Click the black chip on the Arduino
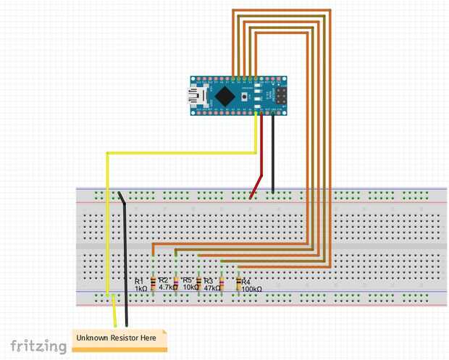(x=227, y=95)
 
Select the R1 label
(x=139, y=280)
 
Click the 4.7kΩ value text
(x=167, y=288)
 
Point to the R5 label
(x=188, y=280)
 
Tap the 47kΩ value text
(x=211, y=288)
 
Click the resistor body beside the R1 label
(x=153, y=282)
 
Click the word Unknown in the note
(x=92, y=338)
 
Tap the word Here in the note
(x=147, y=338)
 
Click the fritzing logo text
(x=37, y=346)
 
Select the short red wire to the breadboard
(x=256, y=185)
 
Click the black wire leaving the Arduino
(x=273, y=152)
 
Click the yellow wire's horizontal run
(x=181, y=152)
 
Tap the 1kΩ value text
(x=140, y=288)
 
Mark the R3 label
(x=209, y=280)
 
